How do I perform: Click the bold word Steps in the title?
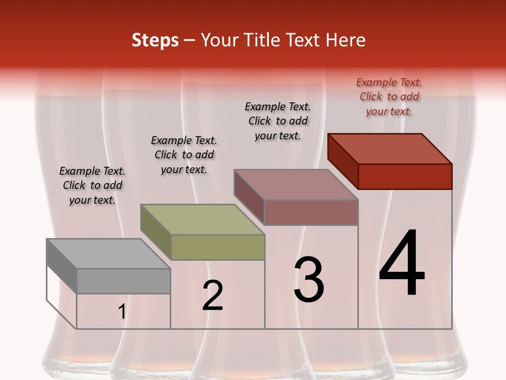pos(155,41)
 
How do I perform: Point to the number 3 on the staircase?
pos(309,280)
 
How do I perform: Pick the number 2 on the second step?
pos(212,296)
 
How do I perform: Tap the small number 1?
pos(122,312)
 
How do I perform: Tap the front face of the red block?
pos(405,176)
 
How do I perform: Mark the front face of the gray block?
pos(123,281)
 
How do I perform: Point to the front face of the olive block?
pos(218,247)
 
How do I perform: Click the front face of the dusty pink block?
pos(311,212)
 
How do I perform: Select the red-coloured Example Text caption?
pos(389,97)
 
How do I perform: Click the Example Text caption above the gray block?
pos(92,185)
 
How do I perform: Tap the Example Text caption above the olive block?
pos(184,155)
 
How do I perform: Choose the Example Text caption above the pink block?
pos(278,121)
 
